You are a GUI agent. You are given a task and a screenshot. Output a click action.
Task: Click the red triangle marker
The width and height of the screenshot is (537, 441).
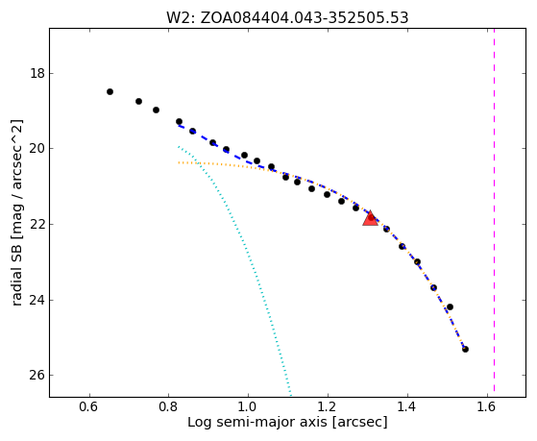370,219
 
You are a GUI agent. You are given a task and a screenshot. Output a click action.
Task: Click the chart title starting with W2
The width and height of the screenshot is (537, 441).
287,17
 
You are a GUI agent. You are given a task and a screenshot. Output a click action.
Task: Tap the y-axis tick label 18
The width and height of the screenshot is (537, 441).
37,73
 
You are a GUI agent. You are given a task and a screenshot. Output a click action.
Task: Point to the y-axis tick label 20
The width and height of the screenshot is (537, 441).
37,148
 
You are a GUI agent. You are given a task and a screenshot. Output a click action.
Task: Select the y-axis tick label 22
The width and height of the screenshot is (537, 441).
37,224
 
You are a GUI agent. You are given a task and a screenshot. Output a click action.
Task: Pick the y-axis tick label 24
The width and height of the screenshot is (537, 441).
37,300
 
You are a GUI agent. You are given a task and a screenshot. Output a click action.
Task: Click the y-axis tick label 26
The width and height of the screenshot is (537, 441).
37,376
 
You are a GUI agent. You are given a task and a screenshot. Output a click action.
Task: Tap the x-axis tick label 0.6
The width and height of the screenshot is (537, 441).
89,406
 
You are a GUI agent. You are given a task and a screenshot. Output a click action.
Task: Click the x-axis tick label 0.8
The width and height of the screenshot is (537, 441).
168,406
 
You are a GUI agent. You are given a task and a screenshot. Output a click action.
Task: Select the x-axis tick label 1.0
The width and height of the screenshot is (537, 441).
248,406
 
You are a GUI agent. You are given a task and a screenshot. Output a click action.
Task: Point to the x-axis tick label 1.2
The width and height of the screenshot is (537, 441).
328,406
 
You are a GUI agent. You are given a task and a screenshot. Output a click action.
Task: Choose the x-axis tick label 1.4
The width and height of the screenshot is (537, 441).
407,406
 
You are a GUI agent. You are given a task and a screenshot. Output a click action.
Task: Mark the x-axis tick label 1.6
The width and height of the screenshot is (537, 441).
486,406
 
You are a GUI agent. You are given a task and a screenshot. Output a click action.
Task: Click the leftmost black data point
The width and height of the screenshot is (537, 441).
110,91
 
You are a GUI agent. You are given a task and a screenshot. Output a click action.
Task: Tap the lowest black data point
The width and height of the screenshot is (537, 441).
465,349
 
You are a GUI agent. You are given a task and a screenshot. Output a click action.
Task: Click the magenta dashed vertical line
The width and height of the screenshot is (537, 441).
494,209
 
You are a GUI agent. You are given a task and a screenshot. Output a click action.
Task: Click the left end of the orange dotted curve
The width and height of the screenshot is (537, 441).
179,162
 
